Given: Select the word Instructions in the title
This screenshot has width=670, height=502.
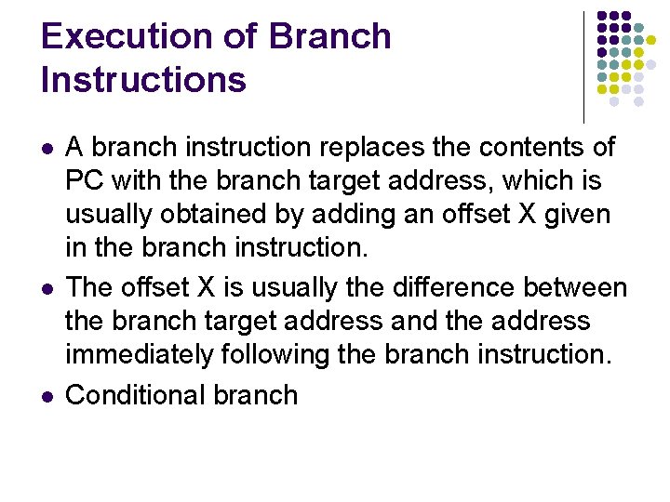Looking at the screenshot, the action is tap(143, 80).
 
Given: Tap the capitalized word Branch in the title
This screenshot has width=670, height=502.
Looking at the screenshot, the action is tap(329, 36).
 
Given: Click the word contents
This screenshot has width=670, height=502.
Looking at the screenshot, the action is tap(533, 147).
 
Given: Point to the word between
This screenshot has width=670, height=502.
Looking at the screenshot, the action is tap(576, 287).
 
